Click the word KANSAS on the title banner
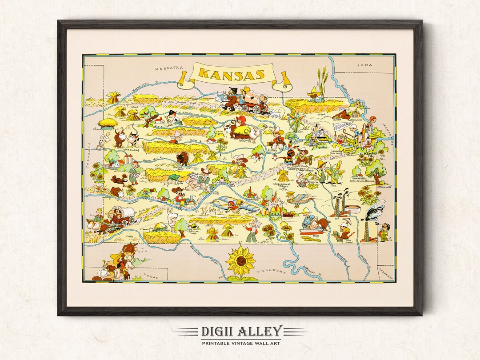click(x=231, y=73)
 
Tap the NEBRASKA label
click(x=169, y=68)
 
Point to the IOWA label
click(x=366, y=65)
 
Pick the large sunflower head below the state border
click(x=240, y=261)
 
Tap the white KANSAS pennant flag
click(x=342, y=127)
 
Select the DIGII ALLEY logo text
click(x=240, y=331)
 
